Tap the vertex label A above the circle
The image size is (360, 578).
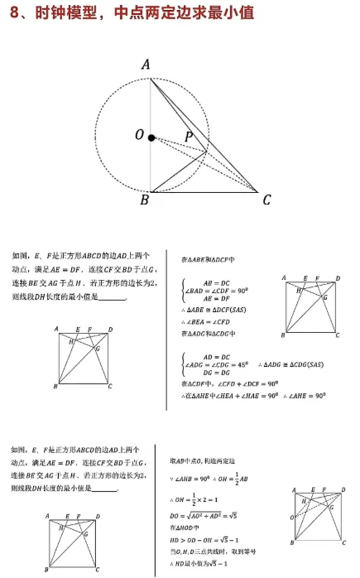pos(146,65)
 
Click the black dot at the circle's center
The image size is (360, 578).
pos(151,137)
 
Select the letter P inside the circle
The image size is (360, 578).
pos(190,135)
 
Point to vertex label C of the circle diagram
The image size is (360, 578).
pos(266,200)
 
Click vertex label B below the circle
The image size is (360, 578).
pos(144,200)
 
